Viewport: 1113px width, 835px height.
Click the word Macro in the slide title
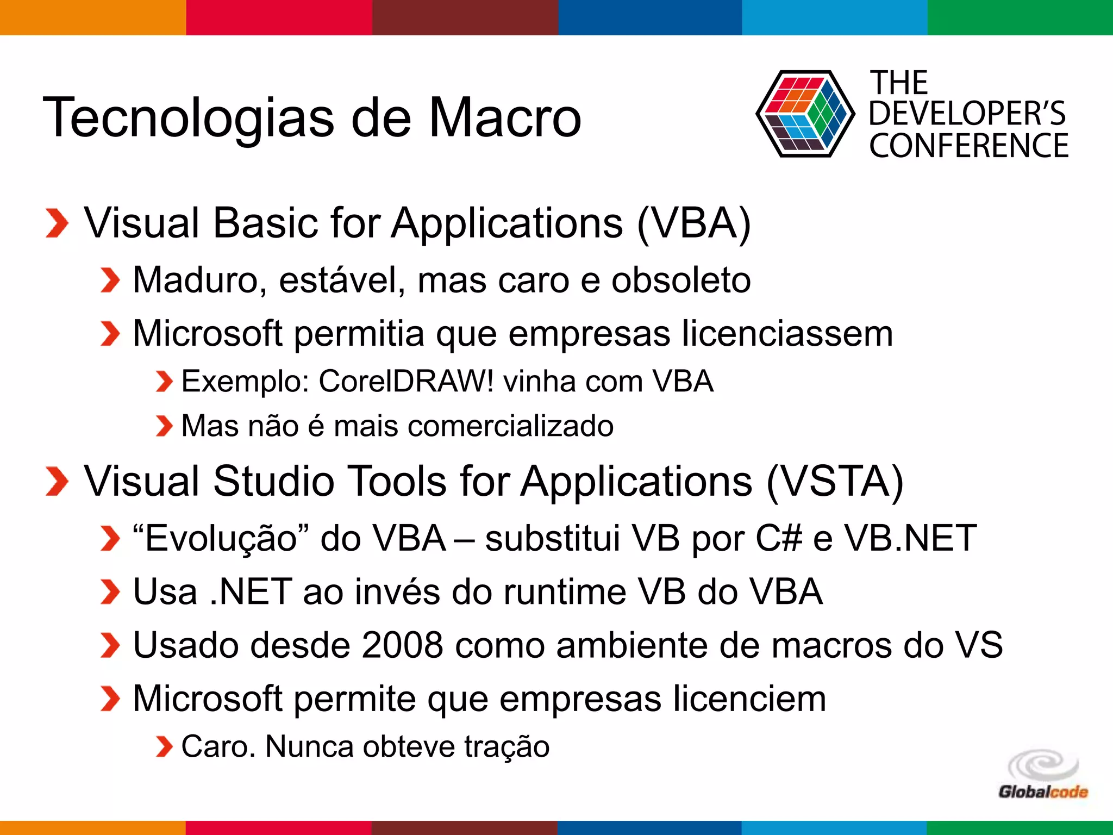(505, 118)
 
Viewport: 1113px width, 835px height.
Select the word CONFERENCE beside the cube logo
(968, 146)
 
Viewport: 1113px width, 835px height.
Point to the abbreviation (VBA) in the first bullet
(693, 223)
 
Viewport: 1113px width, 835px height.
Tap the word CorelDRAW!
(407, 381)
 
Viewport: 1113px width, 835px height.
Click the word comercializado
(511, 426)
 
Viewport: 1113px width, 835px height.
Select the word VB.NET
(910, 538)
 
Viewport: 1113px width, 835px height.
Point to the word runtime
(565, 591)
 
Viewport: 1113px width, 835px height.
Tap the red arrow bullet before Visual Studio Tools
(57, 482)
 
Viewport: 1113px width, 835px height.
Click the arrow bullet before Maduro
(110, 281)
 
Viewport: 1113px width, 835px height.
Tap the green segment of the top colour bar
(1020, 17)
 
